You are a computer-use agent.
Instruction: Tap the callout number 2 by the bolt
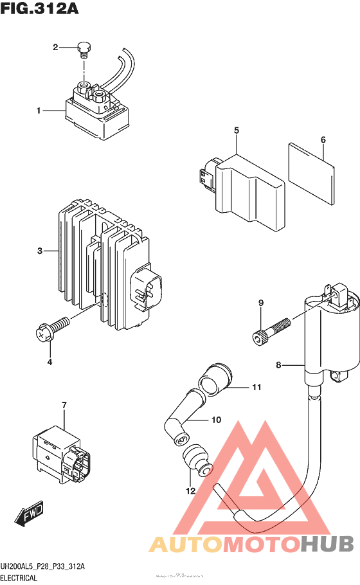click(x=56, y=47)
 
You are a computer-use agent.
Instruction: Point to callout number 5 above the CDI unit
click(x=237, y=131)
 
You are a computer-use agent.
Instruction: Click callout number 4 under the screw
click(x=50, y=362)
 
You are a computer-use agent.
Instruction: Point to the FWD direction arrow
click(x=29, y=515)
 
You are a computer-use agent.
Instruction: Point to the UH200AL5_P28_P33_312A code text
click(x=43, y=566)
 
